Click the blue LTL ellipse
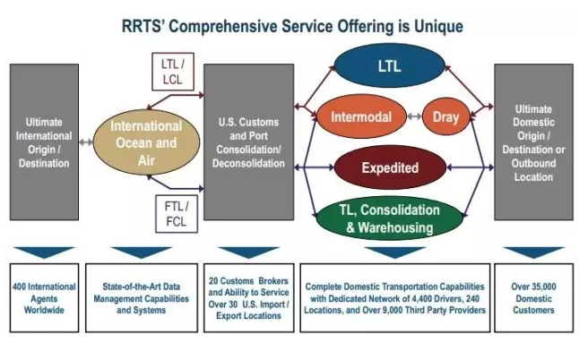pyautogui.click(x=390, y=67)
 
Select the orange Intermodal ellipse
pyautogui.click(x=360, y=116)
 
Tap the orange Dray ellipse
pyautogui.click(x=445, y=116)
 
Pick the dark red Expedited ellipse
pyautogui.click(x=390, y=167)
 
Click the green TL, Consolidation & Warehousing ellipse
pyautogui.click(x=388, y=219)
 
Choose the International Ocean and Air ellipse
pyautogui.click(x=145, y=141)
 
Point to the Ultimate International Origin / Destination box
pyautogui.click(x=44, y=141)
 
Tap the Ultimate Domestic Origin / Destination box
pyautogui.click(x=534, y=141)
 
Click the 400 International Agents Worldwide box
pyautogui.click(x=44, y=298)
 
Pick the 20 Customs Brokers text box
pyautogui.click(x=248, y=298)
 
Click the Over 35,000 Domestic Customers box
pyautogui.click(x=534, y=298)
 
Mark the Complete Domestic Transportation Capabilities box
pyautogui.click(x=394, y=298)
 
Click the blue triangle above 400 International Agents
pyautogui.click(x=44, y=252)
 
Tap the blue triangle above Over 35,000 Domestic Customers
pyautogui.click(x=534, y=252)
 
